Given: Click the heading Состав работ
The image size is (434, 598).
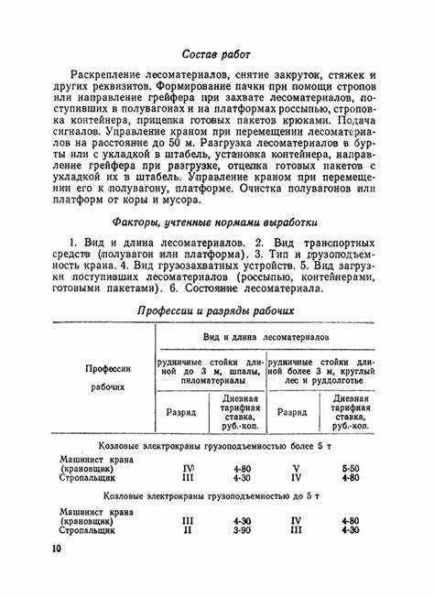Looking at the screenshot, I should pyautogui.click(x=216, y=55).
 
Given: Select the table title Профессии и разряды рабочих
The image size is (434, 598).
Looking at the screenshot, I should pyautogui.click(x=216, y=310).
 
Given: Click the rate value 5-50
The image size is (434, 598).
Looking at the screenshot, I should pyautogui.click(x=349, y=468).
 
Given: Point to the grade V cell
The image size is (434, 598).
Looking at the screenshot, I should pyautogui.click(x=296, y=468).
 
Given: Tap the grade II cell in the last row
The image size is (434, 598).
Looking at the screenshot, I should pyautogui.click(x=188, y=529).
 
